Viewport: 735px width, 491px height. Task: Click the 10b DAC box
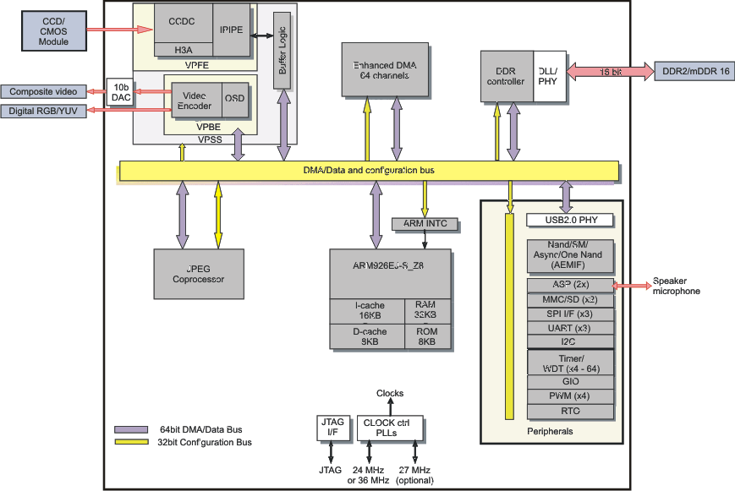point(119,93)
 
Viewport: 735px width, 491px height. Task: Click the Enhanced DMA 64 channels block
point(385,69)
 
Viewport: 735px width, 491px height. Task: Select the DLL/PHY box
point(548,77)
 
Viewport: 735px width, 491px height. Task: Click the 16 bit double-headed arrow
point(610,72)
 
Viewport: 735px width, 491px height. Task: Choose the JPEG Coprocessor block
point(199,274)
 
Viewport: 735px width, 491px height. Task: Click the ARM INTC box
point(425,224)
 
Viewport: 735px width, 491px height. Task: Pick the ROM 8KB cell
point(427,336)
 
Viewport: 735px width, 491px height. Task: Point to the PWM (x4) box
point(568,396)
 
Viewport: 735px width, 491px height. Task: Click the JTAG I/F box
point(329,428)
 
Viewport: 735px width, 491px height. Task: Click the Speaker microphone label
point(677,286)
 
